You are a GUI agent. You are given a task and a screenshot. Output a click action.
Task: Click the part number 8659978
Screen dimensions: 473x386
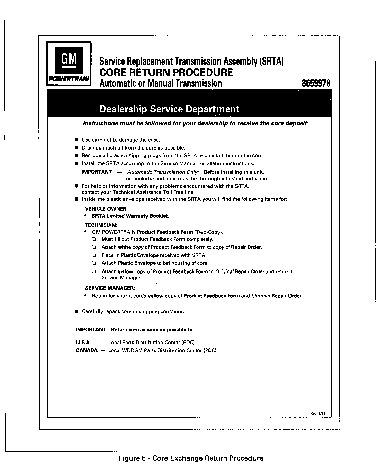point(316,83)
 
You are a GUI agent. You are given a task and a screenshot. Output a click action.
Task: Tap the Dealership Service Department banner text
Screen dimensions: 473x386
point(169,109)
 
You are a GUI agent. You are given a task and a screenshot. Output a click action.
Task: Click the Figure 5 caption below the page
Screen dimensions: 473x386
point(191,458)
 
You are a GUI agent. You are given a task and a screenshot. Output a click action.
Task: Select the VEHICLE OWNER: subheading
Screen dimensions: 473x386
point(106,209)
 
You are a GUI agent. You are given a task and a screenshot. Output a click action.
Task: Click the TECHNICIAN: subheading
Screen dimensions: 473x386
point(101,225)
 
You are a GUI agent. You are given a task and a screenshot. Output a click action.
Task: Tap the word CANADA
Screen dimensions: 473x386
point(87,350)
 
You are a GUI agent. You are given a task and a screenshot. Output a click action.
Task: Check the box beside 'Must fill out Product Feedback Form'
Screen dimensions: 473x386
point(94,239)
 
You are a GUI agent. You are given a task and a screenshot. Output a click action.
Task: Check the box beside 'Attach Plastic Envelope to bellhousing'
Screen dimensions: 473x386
point(94,263)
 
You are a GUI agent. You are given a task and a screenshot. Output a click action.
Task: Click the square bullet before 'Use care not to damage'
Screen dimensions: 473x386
point(76,140)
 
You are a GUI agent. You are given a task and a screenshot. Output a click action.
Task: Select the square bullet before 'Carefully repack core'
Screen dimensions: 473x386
point(76,311)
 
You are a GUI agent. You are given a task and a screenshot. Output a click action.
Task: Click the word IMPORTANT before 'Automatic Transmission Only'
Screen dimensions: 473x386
point(97,172)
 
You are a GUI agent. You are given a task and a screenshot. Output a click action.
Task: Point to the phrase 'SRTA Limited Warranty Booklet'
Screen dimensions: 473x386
point(130,216)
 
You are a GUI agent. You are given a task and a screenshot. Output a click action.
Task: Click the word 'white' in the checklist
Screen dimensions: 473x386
point(124,247)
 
